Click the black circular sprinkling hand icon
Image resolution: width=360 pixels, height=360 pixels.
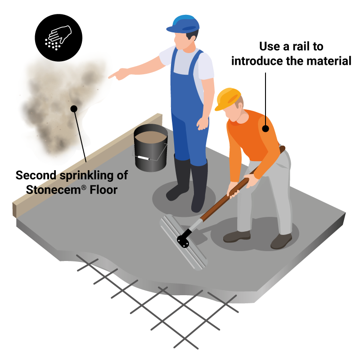coord(58,38)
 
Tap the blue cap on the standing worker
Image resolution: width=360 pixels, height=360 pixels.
coord(183,24)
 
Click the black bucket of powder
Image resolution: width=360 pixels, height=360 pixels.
coord(151,148)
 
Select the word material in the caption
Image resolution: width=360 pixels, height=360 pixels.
coord(329,61)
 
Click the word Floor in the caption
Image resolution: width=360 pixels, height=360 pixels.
coord(103,190)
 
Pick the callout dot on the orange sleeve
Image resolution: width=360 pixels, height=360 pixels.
coord(265,129)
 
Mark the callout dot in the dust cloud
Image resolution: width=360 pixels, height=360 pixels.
coord(74,109)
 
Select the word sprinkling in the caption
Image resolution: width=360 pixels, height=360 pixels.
coord(87,176)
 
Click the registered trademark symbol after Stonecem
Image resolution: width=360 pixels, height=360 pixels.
coord(84,188)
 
